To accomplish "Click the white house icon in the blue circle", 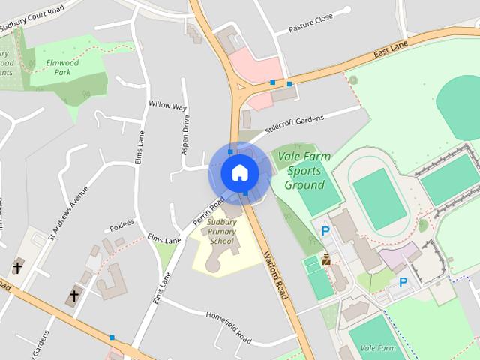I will tap(239, 172).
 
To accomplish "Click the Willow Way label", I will tap(167, 106).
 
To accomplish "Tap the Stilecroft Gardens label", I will tap(294, 121).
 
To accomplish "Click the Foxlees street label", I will tap(121, 223).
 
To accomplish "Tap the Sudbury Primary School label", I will tap(222, 232).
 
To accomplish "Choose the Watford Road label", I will tap(276, 274).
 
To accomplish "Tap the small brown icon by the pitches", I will tap(326, 260).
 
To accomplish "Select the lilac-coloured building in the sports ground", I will tap(398, 257).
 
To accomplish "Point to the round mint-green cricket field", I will tap(459, 105).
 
